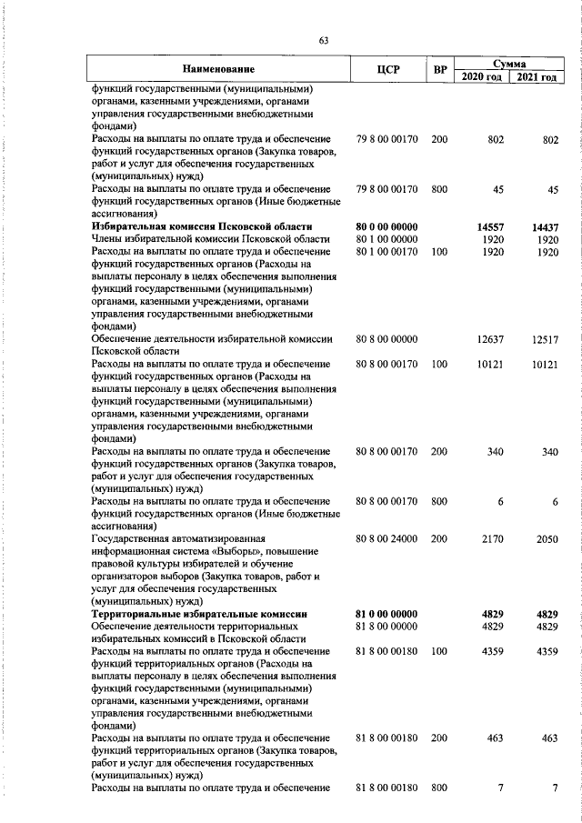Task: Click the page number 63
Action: pyautogui.click(x=323, y=39)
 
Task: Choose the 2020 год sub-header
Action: pyautogui.click(x=482, y=77)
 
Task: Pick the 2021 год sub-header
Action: pyautogui.click(x=537, y=77)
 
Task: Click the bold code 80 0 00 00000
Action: pyautogui.click(x=386, y=226)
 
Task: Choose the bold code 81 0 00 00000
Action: pyautogui.click(x=386, y=615)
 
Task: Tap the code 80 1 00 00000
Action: pyautogui.click(x=386, y=238)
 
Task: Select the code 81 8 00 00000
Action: pyautogui.click(x=386, y=627)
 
